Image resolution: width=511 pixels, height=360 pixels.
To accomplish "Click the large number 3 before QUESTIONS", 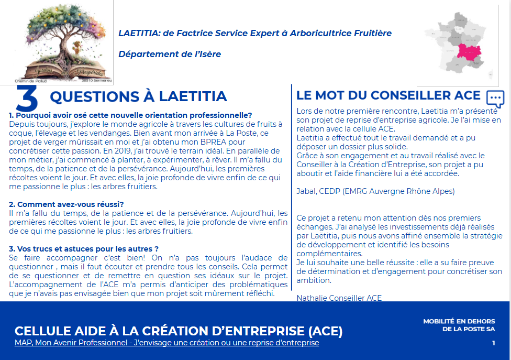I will pyautogui.click(x=27, y=98).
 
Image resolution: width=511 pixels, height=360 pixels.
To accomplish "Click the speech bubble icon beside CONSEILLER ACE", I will pyautogui.click(x=495, y=99).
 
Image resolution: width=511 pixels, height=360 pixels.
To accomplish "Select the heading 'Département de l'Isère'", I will pyautogui.click(x=170, y=54).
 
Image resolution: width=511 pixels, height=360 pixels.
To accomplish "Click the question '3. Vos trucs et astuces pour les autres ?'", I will pyautogui.click(x=84, y=248).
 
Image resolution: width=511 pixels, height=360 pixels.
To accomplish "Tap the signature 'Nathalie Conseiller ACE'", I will pyautogui.click(x=339, y=298).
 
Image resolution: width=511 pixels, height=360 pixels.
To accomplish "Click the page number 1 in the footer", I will pyautogui.click(x=493, y=343).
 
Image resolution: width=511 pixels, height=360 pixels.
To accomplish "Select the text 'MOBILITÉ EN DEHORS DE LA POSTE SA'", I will pyautogui.click(x=459, y=325).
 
